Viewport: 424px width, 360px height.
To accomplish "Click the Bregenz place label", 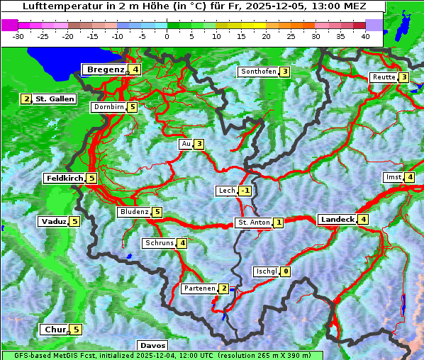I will tap(105, 69).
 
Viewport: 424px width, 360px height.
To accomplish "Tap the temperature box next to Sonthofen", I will tap(284, 72).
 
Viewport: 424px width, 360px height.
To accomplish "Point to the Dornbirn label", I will tap(108, 107).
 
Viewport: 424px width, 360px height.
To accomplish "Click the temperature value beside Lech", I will tap(245, 191).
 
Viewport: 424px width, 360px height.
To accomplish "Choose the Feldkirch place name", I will tap(65, 178).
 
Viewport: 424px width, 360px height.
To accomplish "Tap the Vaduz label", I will tap(54, 221).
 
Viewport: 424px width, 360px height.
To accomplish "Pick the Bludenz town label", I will tap(134, 212).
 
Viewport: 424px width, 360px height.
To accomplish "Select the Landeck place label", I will tap(337, 220).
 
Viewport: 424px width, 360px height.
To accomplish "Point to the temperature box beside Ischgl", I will tap(285, 271).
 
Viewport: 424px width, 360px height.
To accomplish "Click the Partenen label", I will tap(199, 288).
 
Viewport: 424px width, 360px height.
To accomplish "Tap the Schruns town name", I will tap(159, 243).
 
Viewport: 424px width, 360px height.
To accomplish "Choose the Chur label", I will tap(55, 330).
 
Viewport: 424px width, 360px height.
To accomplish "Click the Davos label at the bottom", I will tap(152, 346).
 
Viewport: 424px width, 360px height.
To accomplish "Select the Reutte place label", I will tap(384, 77).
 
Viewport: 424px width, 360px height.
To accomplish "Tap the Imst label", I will tap(393, 177).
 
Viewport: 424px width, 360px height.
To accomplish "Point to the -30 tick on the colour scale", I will tap(18, 36).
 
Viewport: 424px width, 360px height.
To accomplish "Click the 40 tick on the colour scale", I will tap(365, 36).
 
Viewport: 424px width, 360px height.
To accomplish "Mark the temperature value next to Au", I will tap(199, 145).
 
